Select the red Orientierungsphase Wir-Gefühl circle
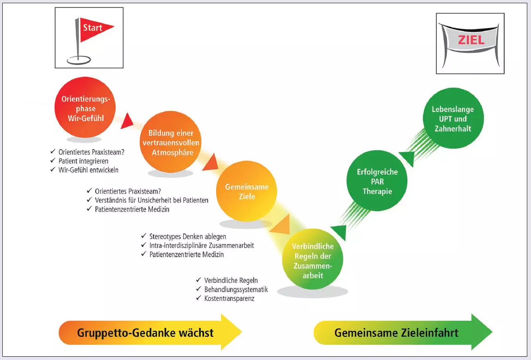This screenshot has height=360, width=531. [x=83, y=109]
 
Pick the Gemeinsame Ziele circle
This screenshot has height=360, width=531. [x=247, y=191]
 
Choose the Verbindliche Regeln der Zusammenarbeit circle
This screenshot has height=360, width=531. [x=313, y=261]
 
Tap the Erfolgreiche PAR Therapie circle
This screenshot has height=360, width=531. [x=377, y=182]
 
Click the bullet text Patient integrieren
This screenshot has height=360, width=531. [x=83, y=161]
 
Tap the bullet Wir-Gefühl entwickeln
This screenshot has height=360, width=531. [x=88, y=170]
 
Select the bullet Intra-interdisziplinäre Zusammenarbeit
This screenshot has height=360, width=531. [x=201, y=245]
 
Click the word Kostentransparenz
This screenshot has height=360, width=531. [x=229, y=299]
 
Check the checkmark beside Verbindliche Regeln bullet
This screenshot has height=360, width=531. [x=199, y=281]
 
